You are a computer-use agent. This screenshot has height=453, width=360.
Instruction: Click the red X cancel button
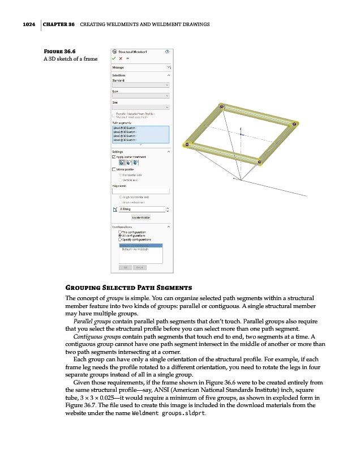[121, 58]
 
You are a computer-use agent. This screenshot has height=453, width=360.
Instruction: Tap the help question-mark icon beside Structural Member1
[167, 52]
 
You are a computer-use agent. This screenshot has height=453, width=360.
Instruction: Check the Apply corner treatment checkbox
[114, 157]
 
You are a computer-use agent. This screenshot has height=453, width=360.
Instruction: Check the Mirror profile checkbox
[114, 169]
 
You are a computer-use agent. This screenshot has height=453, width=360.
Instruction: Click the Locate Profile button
[140, 217]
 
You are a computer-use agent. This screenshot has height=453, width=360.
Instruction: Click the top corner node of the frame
[222, 106]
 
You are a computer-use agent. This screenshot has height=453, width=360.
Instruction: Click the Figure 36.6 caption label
[60, 50]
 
